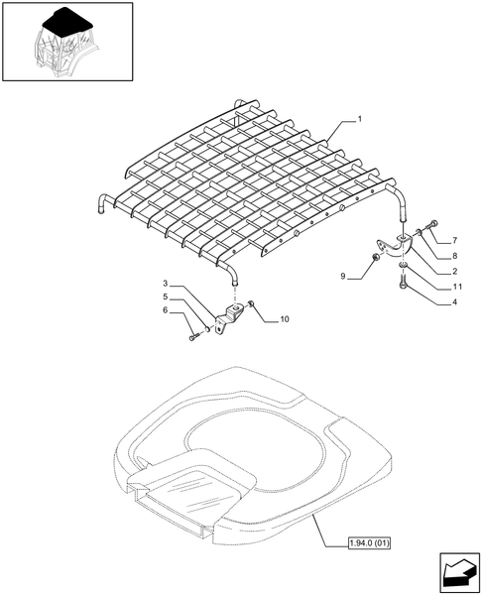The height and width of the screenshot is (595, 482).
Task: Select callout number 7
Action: (x=454, y=241)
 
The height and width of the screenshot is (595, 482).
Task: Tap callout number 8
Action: (x=454, y=256)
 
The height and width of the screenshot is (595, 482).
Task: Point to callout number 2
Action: (x=454, y=271)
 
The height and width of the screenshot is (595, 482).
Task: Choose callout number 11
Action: (x=454, y=286)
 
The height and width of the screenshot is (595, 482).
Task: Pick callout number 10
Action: (x=285, y=319)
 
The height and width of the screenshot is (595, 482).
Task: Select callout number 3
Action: (x=167, y=284)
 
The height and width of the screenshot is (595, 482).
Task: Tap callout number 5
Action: (x=167, y=297)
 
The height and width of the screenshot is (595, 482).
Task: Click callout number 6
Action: (x=167, y=310)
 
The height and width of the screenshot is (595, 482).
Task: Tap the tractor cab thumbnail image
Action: (x=66, y=42)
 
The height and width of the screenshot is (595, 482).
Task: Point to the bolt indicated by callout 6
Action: (x=192, y=337)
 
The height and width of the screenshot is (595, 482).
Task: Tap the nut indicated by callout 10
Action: (x=253, y=304)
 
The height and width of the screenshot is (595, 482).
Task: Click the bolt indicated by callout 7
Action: (x=432, y=226)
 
